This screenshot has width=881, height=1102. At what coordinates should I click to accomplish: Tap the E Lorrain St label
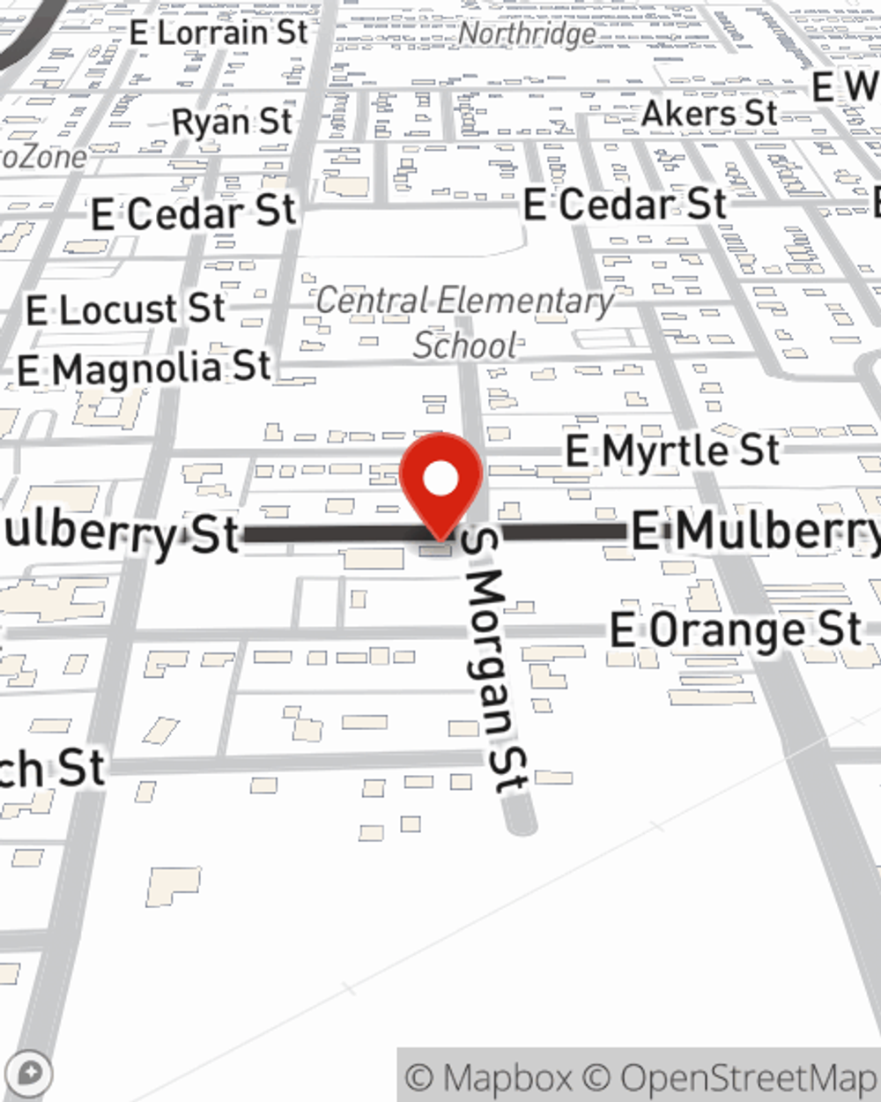pos(218,33)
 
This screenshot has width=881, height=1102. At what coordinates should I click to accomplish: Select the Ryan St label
pos(232,122)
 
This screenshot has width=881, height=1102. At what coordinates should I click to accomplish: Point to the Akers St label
pos(709,114)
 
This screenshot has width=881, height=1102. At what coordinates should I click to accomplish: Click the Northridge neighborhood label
pos(528,34)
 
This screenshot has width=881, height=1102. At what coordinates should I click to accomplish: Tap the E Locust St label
pos(125,309)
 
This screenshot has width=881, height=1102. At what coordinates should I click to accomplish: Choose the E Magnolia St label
pos(144,369)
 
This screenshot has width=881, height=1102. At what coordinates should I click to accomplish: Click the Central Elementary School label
pos(465,323)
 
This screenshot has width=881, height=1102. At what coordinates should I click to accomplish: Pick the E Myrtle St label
pos(672,451)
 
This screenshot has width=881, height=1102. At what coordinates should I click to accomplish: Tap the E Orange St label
pos(736,630)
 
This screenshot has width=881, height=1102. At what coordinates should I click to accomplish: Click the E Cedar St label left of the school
pos(194,213)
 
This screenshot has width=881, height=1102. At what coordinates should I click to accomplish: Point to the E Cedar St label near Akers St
pos(625,205)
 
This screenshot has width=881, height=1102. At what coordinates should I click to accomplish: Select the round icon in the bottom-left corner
pos(30,1074)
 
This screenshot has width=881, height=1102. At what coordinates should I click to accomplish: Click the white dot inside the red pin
pos(440,480)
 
